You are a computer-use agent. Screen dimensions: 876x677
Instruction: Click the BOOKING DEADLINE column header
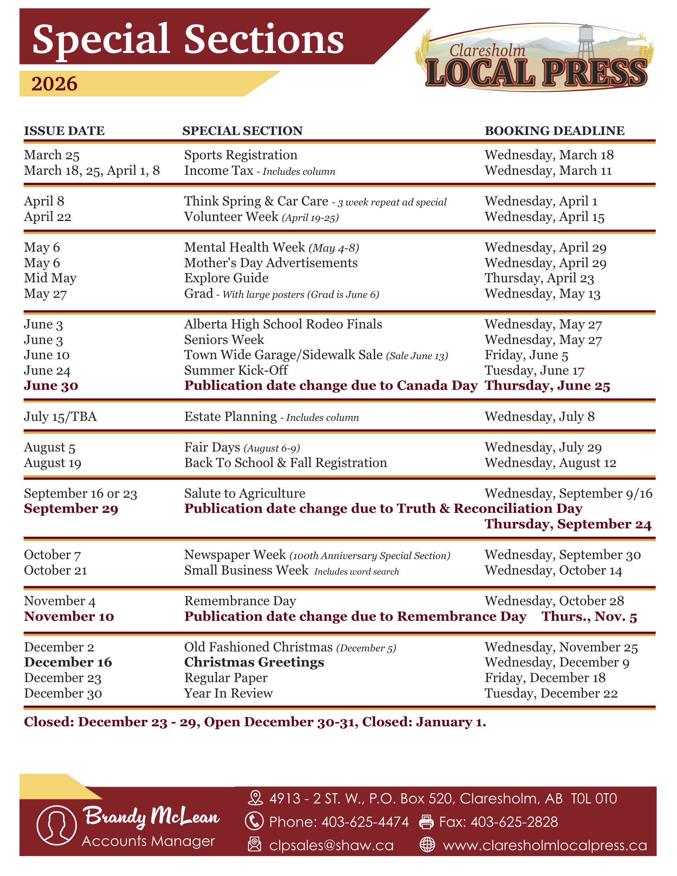tap(554, 131)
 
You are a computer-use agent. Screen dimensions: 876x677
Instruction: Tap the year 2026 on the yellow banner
tap(54, 84)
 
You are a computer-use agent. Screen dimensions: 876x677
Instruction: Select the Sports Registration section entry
tap(241, 155)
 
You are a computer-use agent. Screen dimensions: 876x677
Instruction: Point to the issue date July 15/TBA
tap(60, 416)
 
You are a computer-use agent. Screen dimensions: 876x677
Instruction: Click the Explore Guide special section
tap(226, 278)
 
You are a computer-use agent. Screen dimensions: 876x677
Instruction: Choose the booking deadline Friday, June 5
tap(526, 355)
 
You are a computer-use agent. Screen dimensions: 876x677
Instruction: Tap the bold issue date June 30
tap(51, 385)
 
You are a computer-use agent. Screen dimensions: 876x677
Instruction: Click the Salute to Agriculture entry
tap(245, 493)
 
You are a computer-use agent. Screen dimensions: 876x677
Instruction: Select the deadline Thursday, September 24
tap(568, 524)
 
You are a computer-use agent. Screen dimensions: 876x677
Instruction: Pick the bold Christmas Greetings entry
tap(254, 662)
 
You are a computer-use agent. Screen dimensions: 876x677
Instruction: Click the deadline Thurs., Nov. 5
tap(589, 616)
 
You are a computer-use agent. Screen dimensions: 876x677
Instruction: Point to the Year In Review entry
tap(228, 693)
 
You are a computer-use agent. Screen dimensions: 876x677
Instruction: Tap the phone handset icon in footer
tap(254, 821)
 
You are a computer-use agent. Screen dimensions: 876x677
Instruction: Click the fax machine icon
tap(427, 822)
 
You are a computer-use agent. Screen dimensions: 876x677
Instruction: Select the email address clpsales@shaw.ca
tap(331, 845)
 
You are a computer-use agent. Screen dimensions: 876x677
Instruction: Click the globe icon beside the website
tap(427, 844)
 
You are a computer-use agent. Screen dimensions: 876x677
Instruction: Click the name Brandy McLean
tap(151, 816)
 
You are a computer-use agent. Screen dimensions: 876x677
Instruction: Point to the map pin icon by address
tap(256, 798)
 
